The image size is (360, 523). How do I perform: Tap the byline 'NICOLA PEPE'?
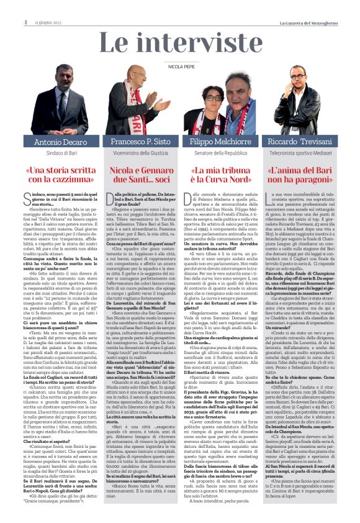coord(180,65)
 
